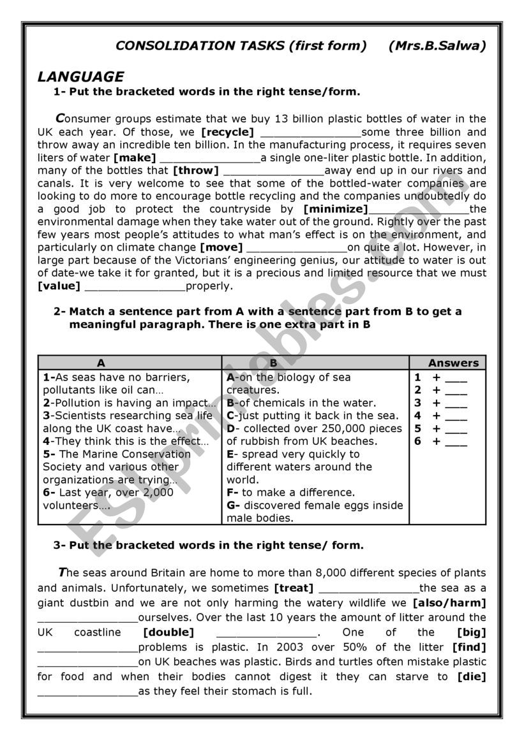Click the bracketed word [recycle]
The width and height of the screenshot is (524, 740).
coord(227,133)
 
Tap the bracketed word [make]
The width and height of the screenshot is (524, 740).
coord(135,158)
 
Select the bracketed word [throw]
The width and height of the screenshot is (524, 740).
coord(196,171)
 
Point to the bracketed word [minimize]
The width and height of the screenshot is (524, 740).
coord(336,209)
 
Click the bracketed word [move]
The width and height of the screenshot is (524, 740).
coord(221,247)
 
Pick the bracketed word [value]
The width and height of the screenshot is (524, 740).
coord(59,286)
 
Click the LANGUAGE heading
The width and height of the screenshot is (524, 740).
coord(81,77)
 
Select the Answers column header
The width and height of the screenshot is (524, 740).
coord(453,363)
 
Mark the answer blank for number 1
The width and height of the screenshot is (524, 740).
coord(456,379)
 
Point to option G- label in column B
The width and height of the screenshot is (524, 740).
coord(233,505)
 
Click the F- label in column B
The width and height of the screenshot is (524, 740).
coord(232,493)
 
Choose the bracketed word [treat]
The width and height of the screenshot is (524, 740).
coord(294,588)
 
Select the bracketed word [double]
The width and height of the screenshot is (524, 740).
coord(168,632)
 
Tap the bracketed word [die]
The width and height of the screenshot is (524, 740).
coord(472,676)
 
